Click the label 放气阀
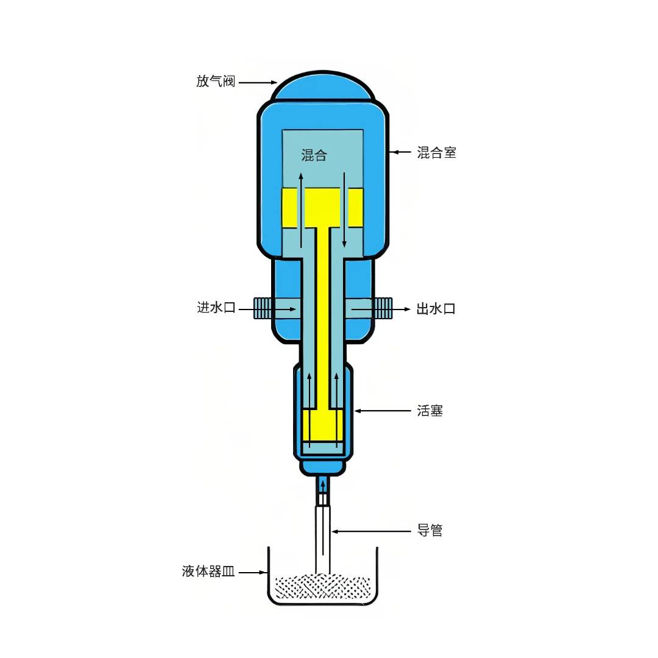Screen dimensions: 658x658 pyautogui.click(x=216, y=81)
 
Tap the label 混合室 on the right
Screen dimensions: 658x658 pyautogui.click(x=436, y=152)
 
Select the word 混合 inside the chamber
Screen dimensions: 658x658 pyautogui.click(x=314, y=155)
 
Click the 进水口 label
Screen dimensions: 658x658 pyautogui.click(x=216, y=307)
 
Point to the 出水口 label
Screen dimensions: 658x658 pyautogui.click(x=436, y=309)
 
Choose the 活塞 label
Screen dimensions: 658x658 pyautogui.click(x=430, y=411)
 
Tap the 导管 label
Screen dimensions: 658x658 pyautogui.click(x=430, y=531)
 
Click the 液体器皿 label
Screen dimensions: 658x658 pyautogui.click(x=208, y=571)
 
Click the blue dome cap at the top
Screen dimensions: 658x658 pyautogui.click(x=323, y=86)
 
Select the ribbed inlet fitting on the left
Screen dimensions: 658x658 pyautogui.click(x=263, y=308)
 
